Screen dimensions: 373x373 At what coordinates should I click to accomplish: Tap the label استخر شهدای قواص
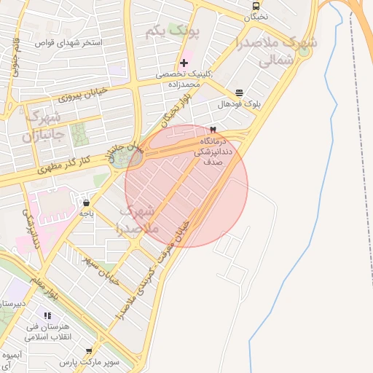[70, 43]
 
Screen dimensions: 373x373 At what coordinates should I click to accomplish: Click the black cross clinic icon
[184, 63]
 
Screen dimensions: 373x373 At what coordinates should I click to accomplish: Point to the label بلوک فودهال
[238, 104]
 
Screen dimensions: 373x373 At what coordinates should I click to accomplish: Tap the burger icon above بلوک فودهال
[239, 93]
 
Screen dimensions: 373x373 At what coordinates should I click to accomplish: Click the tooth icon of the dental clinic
[213, 128]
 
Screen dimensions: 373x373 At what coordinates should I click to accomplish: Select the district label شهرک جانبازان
[44, 126]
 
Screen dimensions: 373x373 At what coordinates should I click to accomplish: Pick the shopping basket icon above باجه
[87, 203]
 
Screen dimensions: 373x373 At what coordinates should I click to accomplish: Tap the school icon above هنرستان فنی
[47, 315]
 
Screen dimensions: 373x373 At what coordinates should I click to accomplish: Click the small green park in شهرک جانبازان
[77, 133]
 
